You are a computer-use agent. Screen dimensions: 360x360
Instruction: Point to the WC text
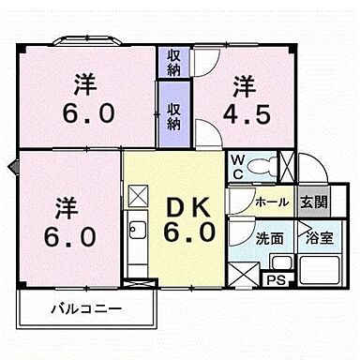coord(238,167)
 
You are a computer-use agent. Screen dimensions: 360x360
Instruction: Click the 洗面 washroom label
coord(272,238)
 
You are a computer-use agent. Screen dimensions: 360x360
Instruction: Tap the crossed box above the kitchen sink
coord(138,195)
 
